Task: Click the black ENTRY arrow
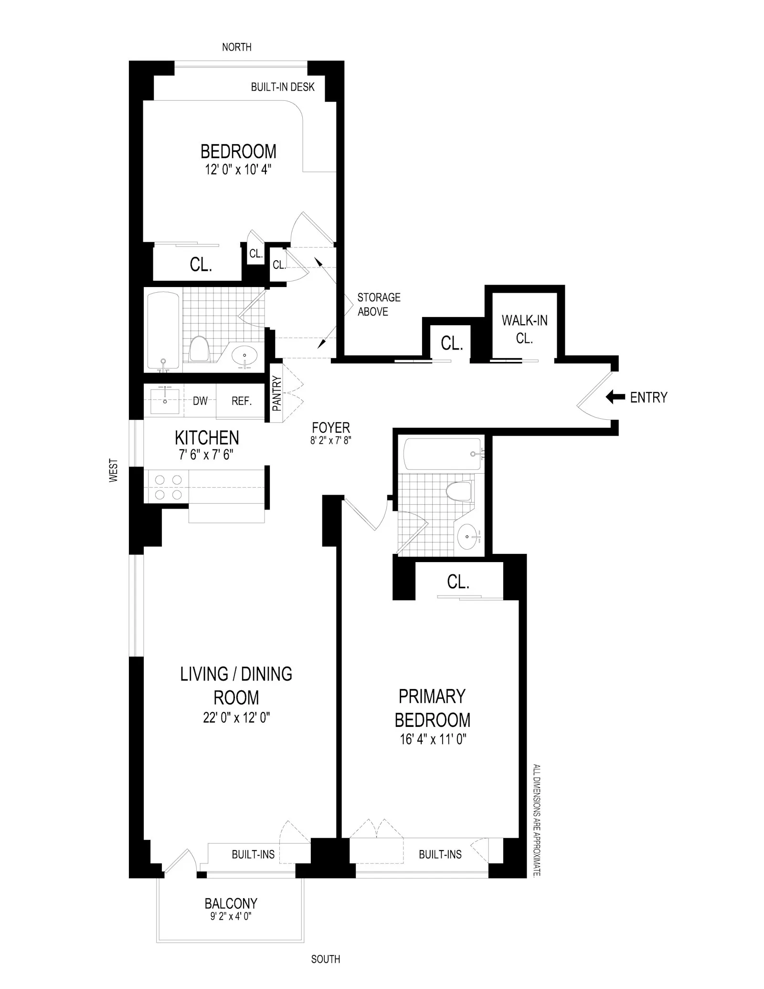tap(615, 397)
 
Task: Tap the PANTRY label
tap(277, 393)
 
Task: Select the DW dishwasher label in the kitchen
tap(200, 401)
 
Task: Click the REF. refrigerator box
tap(241, 401)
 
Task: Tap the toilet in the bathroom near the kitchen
tap(198, 349)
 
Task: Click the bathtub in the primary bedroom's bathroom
tap(442, 454)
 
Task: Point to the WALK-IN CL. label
tap(524, 329)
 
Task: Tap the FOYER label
tap(331, 427)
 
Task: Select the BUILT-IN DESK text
tap(283, 87)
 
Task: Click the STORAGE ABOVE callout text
tap(379, 304)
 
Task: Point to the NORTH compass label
tap(237, 47)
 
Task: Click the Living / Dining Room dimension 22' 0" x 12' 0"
tap(236, 718)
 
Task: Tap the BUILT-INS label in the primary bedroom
tap(440, 854)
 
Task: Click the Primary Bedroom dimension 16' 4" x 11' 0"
tap(433, 740)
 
